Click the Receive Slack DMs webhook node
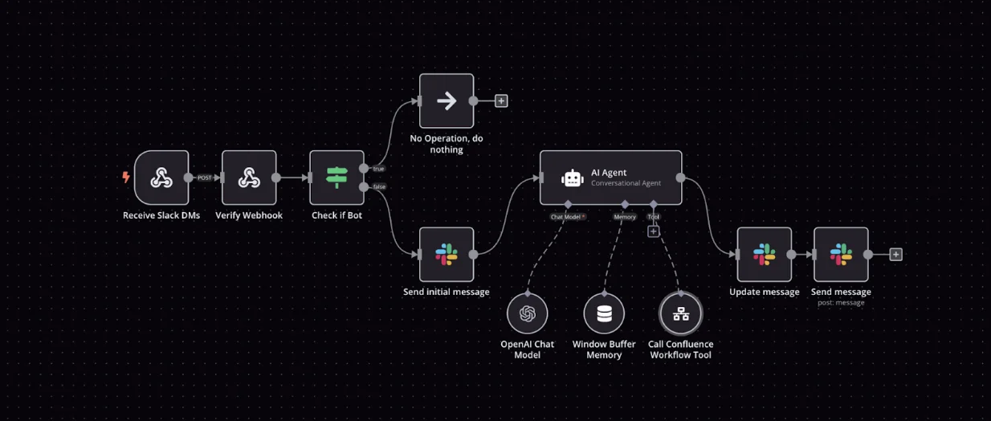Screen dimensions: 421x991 pyautogui.click(x=161, y=178)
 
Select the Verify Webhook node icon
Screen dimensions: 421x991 pyautogui.click(x=249, y=178)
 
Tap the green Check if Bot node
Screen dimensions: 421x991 pyautogui.click(x=336, y=178)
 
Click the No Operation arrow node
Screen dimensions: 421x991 pyautogui.click(x=447, y=101)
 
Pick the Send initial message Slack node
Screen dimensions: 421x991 pyautogui.click(x=447, y=255)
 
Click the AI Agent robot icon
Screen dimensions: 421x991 pyautogui.click(x=572, y=178)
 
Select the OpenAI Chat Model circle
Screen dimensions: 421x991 pyautogui.click(x=528, y=313)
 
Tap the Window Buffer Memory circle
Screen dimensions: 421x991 pyautogui.click(x=604, y=313)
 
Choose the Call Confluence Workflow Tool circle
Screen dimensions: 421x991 pyautogui.click(x=681, y=313)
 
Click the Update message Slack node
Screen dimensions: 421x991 pyautogui.click(x=764, y=255)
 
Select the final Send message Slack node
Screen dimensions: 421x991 pyautogui.click(x=841, y=255)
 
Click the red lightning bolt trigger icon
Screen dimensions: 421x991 pyautogui.click(x=126, y=178)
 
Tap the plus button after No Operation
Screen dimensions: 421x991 pyautogui.click(x=501, y=101)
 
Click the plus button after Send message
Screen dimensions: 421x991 pyautogui.click(x=896, y=255)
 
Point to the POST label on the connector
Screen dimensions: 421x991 pyautogui.click(x=205, y=178)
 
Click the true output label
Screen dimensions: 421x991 pyautogui.click(x=378, y=169)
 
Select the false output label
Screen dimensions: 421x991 pyautogui.click(x=379, y=187)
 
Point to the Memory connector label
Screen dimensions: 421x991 pyautogui.click(x=625, y=217)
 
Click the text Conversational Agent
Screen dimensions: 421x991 pyautogui.click(x=626, y=183)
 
